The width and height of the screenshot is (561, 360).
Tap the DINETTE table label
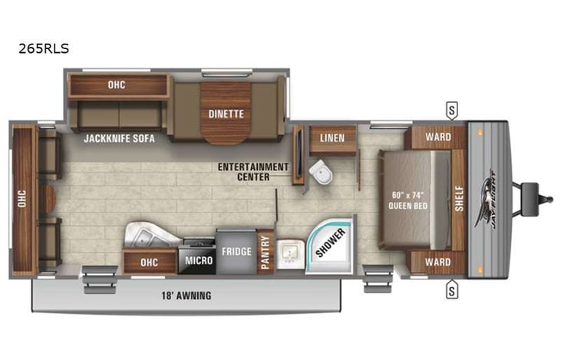point(226,114)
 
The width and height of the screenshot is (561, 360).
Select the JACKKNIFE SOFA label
point(119,139)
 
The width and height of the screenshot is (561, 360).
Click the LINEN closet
point(332,137)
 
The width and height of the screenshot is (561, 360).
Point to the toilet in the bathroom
point(320,173)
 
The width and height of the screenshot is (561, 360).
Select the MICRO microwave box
point(197,260)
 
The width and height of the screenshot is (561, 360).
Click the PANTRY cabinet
point(266,252)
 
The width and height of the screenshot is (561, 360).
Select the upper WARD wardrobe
point(437,137)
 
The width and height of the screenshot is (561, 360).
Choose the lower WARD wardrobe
point(437,262)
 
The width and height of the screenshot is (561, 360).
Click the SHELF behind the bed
point(458,199)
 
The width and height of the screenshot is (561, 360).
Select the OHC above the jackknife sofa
point(117,84)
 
